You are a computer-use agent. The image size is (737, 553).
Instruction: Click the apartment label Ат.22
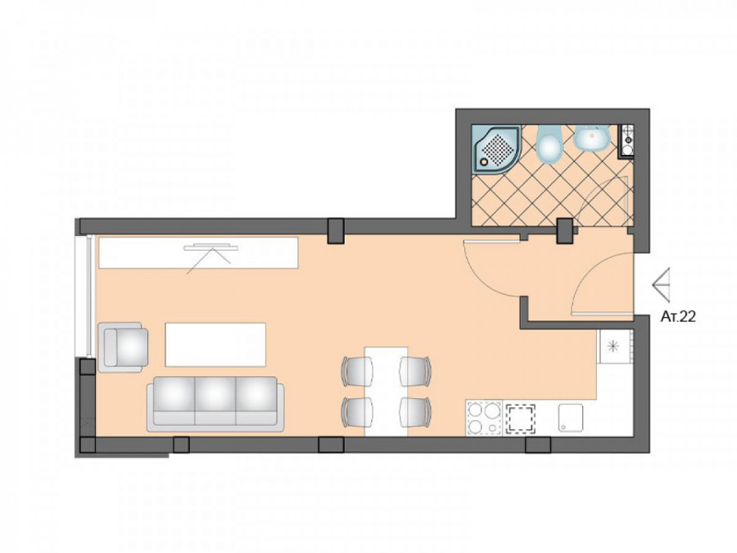tap(678, 317)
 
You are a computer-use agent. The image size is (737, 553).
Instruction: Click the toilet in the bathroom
tap(549, 144)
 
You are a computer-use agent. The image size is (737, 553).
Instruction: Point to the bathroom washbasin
tap(591, 138)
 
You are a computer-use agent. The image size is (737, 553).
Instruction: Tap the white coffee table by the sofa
tap(215, 344)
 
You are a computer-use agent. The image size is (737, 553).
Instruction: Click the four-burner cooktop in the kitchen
tap(484, 417)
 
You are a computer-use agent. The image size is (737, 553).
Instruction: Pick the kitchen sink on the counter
tap(571, 417)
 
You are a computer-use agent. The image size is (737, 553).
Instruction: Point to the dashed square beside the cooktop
tap(520, 419)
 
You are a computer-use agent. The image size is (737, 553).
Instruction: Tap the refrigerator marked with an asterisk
tap(614, 346)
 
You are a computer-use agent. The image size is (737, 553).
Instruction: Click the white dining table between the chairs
tap(387, 392)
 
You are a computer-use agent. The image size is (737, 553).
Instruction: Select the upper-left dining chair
tap(357, 371)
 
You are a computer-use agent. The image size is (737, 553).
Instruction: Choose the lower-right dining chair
tap(415, 412)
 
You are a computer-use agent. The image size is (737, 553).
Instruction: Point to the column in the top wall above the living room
tap(336, 231)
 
